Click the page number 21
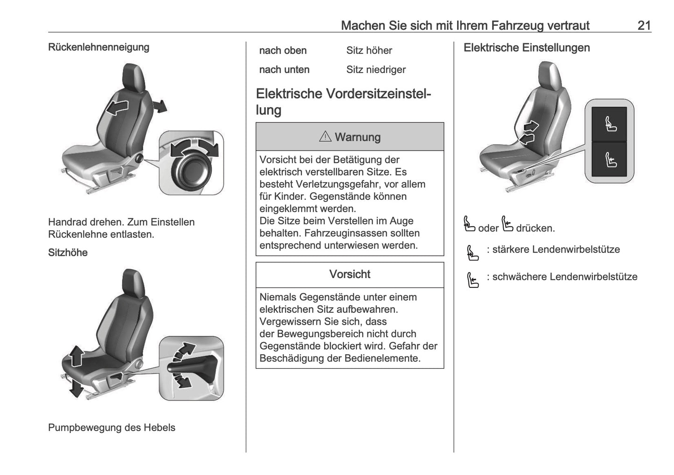(644, 25)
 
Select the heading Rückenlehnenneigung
(98, 47)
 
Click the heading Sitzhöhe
(68, 252)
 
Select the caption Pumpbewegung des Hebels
(111, 427)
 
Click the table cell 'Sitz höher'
(369, 50)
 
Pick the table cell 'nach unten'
(284, 70)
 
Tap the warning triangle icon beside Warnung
(325, 137)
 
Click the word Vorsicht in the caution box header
(350, 274)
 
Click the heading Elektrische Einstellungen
(527, 48)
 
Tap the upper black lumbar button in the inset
(610, 125)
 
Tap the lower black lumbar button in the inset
(610, 160)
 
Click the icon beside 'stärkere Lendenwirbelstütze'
(472, 253)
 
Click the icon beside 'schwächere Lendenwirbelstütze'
(472, 280)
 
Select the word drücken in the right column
(535, 228)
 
